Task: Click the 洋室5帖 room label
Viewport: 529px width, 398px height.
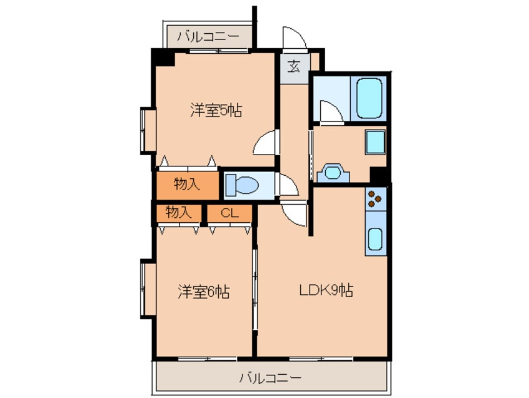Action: pyautogui.click(x=216, y=110)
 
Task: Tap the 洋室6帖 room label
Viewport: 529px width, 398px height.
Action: pyautogui.click(x=204, y=292)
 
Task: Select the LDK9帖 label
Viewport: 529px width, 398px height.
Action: pyautogui.click(x=326, y=290)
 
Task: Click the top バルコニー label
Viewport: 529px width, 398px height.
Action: pyautogui.click(x=208, y=36)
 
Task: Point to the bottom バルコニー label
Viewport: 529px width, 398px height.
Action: pyautogui.click(x=270, y=377)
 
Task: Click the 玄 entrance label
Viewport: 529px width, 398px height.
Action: pyautogui.click(x=294, y=66)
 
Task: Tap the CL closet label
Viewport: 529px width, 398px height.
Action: pyautogui.click(x=229, y=213)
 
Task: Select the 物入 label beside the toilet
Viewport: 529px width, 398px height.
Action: pyautogui.click(x=186, y=184)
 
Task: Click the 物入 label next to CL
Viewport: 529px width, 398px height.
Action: pyautogui.click(x=178, y=213)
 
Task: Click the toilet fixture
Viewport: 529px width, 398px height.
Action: pyautogui.click(x=241, y=185)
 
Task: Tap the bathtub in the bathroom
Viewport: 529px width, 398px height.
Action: pyautogui.click(x=369, y=98)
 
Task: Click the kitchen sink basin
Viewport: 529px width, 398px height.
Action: pyautogui.click(x=375, y=238)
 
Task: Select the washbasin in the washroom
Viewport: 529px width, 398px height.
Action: pyautogui.click(x=332, y=173)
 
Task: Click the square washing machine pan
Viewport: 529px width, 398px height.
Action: pyautogui.click(x=375, y=142)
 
